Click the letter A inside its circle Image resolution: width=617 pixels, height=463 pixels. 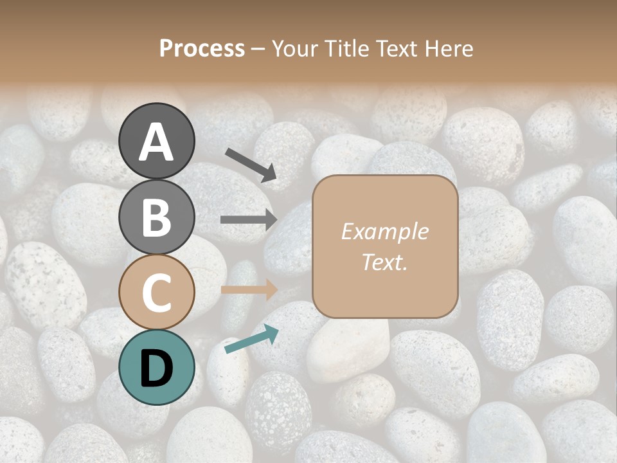tap(156, 142)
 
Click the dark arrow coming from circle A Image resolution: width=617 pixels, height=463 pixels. tap(251, 164)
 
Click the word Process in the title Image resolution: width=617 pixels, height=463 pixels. tap(202, 49)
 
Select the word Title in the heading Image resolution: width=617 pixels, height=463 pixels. tap(348, 49)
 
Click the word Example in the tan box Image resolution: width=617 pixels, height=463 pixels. tap(384, 232)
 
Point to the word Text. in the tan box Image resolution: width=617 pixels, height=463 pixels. tap(384, 262)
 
